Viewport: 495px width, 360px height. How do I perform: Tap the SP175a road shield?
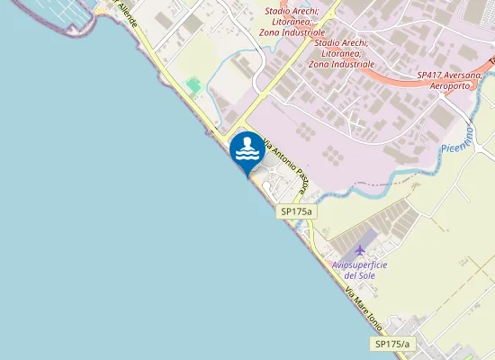(x=295, y=211)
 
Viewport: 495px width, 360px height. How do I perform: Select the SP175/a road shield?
(x=392, y=344)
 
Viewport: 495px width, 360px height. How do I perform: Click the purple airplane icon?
(x=362, y=249)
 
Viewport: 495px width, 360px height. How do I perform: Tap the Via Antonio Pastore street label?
(x=283, y=166)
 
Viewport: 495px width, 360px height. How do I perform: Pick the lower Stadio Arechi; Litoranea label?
(x=341, y=53)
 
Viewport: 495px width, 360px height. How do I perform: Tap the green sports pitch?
(x=193, y=85)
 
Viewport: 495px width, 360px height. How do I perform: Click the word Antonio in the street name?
(x=279, y=159)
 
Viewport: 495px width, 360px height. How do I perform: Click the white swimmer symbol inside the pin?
(x=247, y=148)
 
